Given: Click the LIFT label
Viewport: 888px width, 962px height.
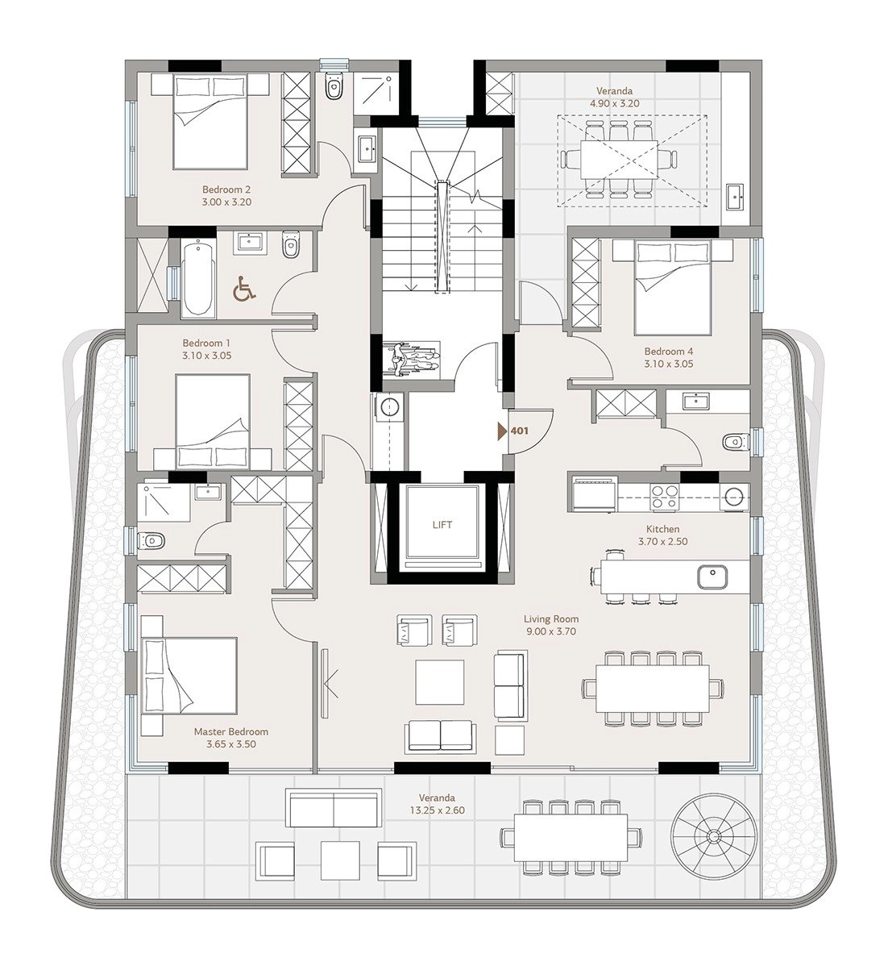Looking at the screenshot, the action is click(x=442, y=525).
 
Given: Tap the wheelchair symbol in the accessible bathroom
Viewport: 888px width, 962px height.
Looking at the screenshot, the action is click(x=244, y=289).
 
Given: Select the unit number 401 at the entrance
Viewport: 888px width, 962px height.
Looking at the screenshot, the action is click(x=519, y=431).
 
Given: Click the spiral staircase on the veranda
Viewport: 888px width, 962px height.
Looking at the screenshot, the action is click(x=713, y=836).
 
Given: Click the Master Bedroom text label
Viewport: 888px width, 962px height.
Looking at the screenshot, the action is click(x=231, y=731).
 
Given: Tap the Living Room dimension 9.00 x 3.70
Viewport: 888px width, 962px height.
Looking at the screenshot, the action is click(x=550, y=631).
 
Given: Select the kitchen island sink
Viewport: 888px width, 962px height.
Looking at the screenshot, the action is click(x=712, y=577).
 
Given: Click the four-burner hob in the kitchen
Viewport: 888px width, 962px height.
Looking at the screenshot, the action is click(x=664, y=497).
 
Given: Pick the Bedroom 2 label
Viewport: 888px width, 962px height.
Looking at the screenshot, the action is click(x=226, y=189).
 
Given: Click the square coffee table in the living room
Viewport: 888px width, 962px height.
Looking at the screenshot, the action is click(x=439, y=681).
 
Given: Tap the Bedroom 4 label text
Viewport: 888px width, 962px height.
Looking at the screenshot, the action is click(x=669, y=352).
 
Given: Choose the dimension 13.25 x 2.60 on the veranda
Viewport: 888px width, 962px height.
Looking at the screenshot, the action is click(x=438, y=810).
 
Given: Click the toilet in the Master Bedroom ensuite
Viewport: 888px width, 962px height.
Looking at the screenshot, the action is click(x=151, y=540).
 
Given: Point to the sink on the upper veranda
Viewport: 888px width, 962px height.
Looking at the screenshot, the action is click(x=735, y=196).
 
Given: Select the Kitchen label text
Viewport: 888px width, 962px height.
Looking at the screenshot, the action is click(x=663, y=529).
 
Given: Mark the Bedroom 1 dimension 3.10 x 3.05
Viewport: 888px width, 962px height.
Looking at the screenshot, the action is click(x=206, y=356).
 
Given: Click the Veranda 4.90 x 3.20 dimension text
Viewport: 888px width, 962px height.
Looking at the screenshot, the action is click(x=615, y=103).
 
